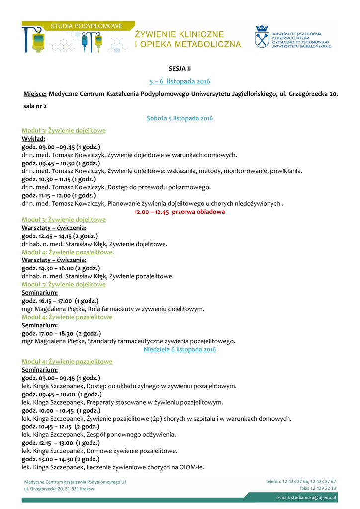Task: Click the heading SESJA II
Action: pyautogui.click(x=180, y=68)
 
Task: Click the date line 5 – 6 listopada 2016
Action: pyautogui.click(x=180, y=81)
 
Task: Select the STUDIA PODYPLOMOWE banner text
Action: pyautogui.click(x=87, y=25)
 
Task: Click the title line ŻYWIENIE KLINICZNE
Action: pyautogui.click(x=180, y=34)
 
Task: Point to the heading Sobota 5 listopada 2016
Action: pyautogui.click(x=180, y=118)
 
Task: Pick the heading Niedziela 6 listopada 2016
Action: pyautogui.click(x=180, y=350)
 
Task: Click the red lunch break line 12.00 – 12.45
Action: pyautogui.click(x=180, y=212)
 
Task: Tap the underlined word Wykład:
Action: pyautogui.click(x=34, y=139)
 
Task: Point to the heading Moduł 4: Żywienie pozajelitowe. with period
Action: pyautogui.click(x=68, y=252)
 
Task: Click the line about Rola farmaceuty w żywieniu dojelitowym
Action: pyautogui.click(x=113, y=309)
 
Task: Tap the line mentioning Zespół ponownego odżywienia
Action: pyautogui.click(x=98, y=435)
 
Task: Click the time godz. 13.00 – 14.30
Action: pyautogui.click(x=61, y=459)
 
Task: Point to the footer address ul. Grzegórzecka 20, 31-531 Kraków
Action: pyautogui.click(x=59, y=489)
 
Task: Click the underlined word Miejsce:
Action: pyautogui.click(x=35, y=94)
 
